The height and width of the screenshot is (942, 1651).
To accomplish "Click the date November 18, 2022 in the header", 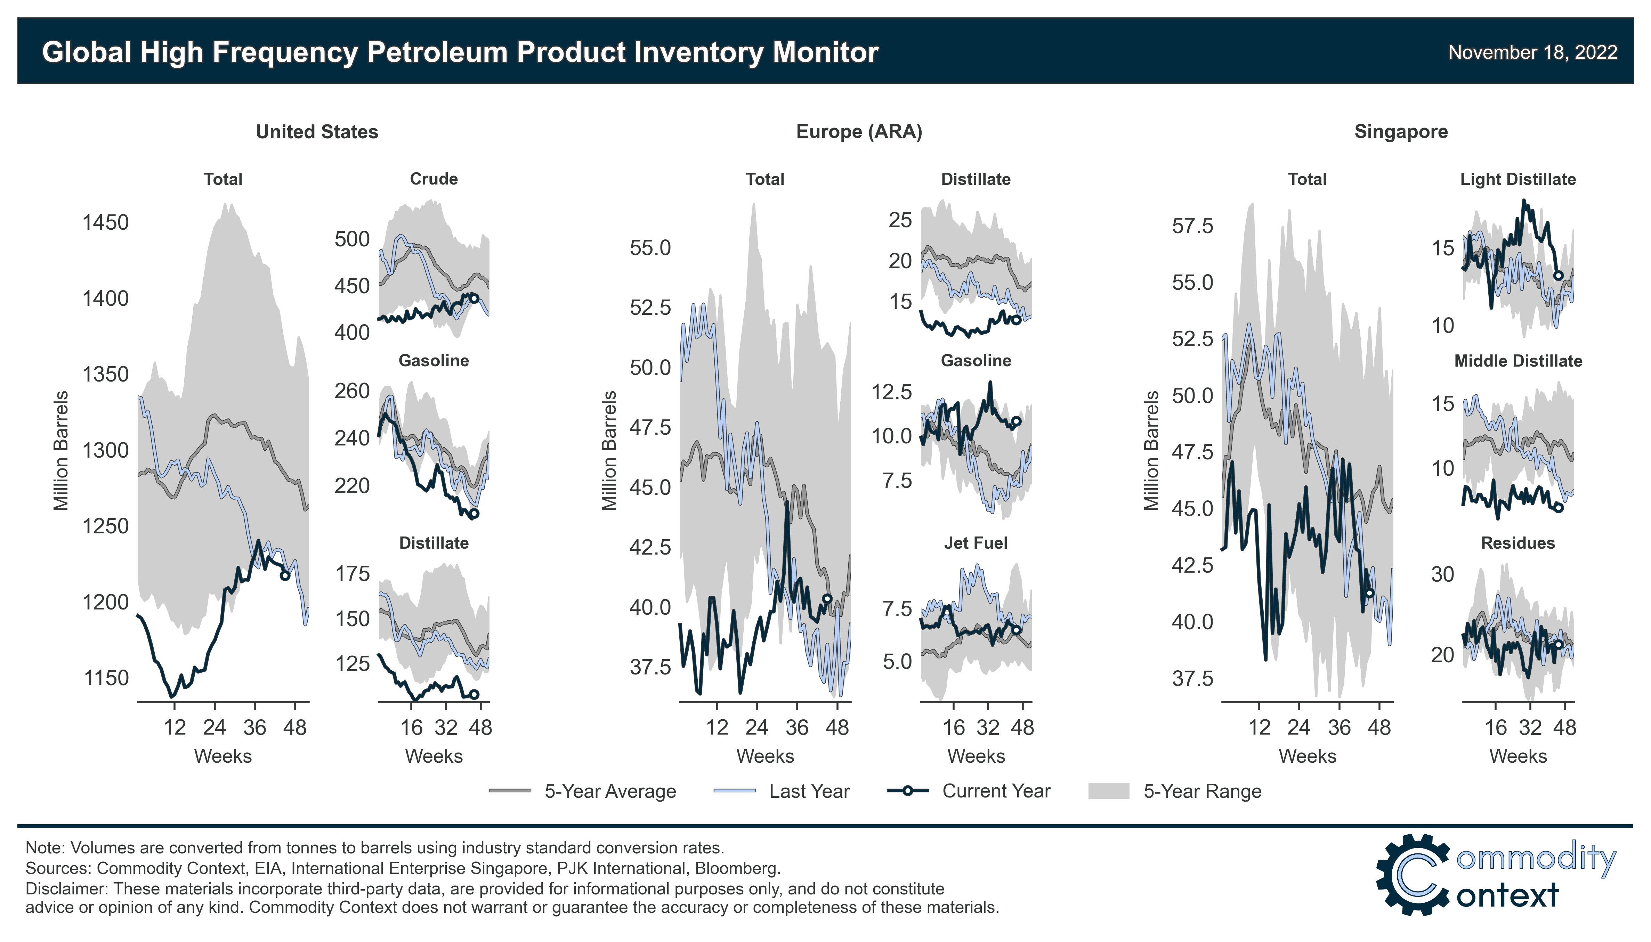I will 1532,52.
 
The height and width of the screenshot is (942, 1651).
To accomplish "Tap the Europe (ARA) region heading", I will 859,132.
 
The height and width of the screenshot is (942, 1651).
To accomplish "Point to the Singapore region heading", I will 1401,132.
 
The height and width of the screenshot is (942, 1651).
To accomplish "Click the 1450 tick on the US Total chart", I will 105,223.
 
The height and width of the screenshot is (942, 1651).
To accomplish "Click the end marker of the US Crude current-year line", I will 474,298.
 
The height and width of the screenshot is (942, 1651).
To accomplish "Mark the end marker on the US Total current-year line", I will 285,575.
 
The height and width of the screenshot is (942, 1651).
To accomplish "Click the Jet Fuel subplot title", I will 975,543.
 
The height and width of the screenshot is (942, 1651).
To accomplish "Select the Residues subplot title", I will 1518,543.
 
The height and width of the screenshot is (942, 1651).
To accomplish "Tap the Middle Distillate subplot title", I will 1518,361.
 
